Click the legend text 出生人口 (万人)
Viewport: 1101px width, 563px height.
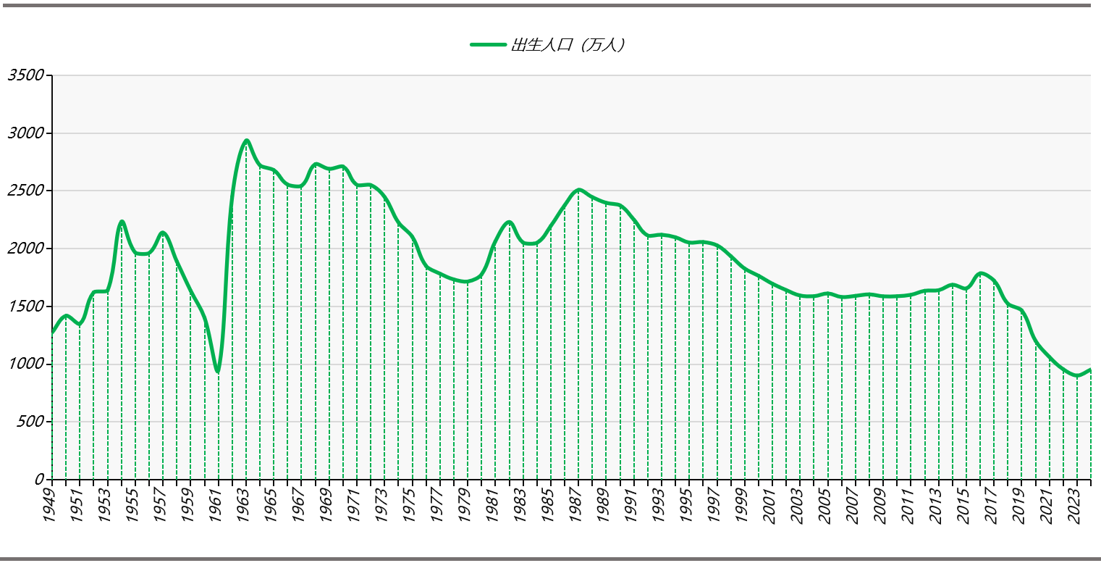(x=568, y=45)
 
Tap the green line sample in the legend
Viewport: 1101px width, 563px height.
(x=488, y=45)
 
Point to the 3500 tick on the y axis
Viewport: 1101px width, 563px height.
(x=26, y=75)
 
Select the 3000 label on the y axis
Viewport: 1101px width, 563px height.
(x=26, y=133)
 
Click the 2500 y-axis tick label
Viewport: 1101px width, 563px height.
(x=26, y=191)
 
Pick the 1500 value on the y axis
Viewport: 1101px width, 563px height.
(x=26, y=306)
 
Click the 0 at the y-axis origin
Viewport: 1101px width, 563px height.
(x=40, y=480)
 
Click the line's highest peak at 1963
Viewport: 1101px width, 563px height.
(x=247, y=141)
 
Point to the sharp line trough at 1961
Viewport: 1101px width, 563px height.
(x=218, y=372)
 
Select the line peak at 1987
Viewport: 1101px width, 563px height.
(x=578, y=190)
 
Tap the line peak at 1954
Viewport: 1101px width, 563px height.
(x=122, y=222)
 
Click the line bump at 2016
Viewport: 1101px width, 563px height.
(x=981, y=273)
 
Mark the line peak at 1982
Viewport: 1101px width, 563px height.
(x=510, y=222)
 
